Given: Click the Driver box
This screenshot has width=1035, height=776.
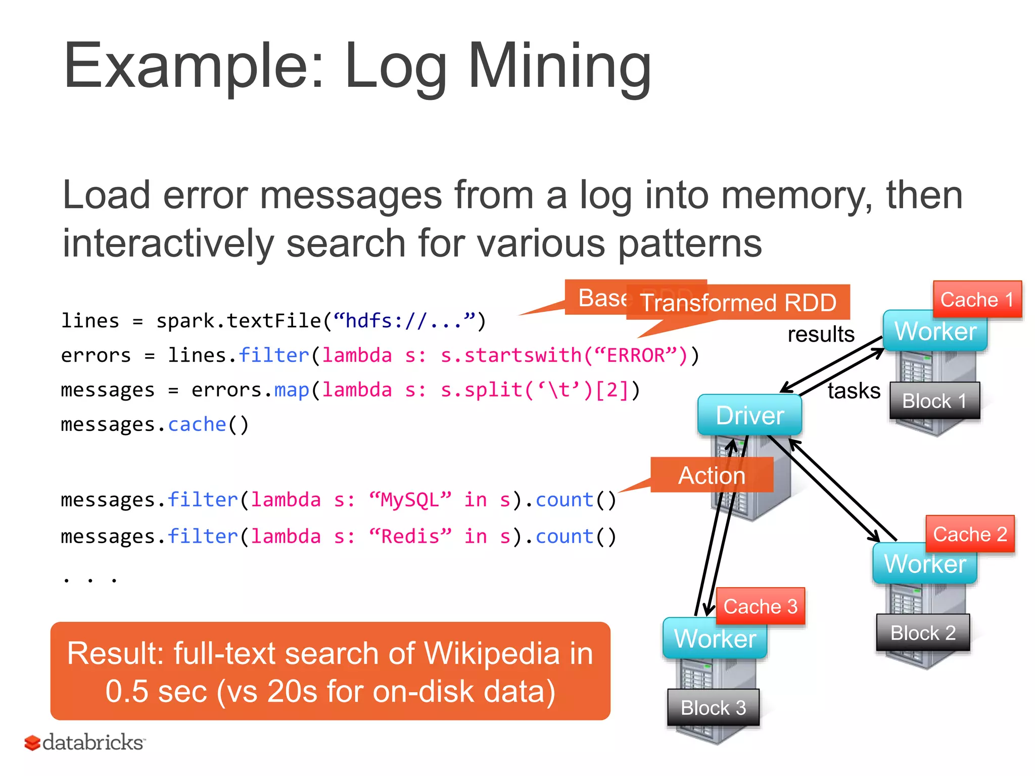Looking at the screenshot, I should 749,415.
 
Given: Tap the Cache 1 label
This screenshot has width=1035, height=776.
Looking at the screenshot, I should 977,300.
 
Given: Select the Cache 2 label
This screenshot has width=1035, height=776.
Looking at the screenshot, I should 970,534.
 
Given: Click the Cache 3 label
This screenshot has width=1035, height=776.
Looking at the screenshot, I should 760,606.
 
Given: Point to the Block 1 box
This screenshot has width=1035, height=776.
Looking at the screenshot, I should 934,401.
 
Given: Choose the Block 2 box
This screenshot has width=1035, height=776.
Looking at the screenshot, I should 923,633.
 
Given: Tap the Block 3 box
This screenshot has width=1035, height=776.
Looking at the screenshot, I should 713,707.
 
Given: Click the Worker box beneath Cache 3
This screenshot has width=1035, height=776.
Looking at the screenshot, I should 715,639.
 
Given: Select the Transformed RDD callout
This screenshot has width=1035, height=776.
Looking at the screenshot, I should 738,303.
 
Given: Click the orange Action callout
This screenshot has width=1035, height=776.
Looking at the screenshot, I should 712,475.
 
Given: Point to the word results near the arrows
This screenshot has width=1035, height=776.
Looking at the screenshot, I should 821,334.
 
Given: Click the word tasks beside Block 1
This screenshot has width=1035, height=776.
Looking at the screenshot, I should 854,391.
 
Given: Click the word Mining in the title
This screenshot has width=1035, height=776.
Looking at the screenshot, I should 559,67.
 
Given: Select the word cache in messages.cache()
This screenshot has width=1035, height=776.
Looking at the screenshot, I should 197,424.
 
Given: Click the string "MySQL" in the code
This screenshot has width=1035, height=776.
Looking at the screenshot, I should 410,500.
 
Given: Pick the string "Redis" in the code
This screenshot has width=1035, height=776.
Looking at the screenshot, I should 410,536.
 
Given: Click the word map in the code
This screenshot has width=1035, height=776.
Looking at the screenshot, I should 291,390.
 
